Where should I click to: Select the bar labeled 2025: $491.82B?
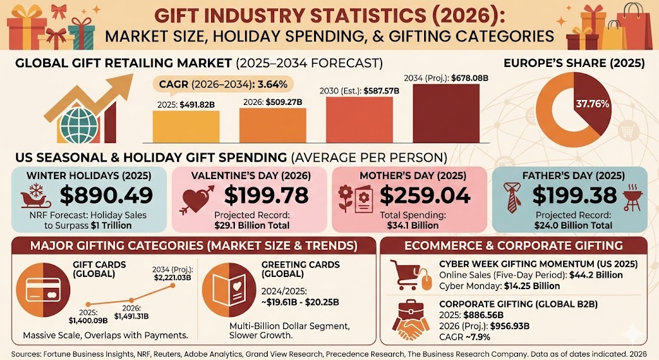(183, 126)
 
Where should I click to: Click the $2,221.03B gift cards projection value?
(171, 276)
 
